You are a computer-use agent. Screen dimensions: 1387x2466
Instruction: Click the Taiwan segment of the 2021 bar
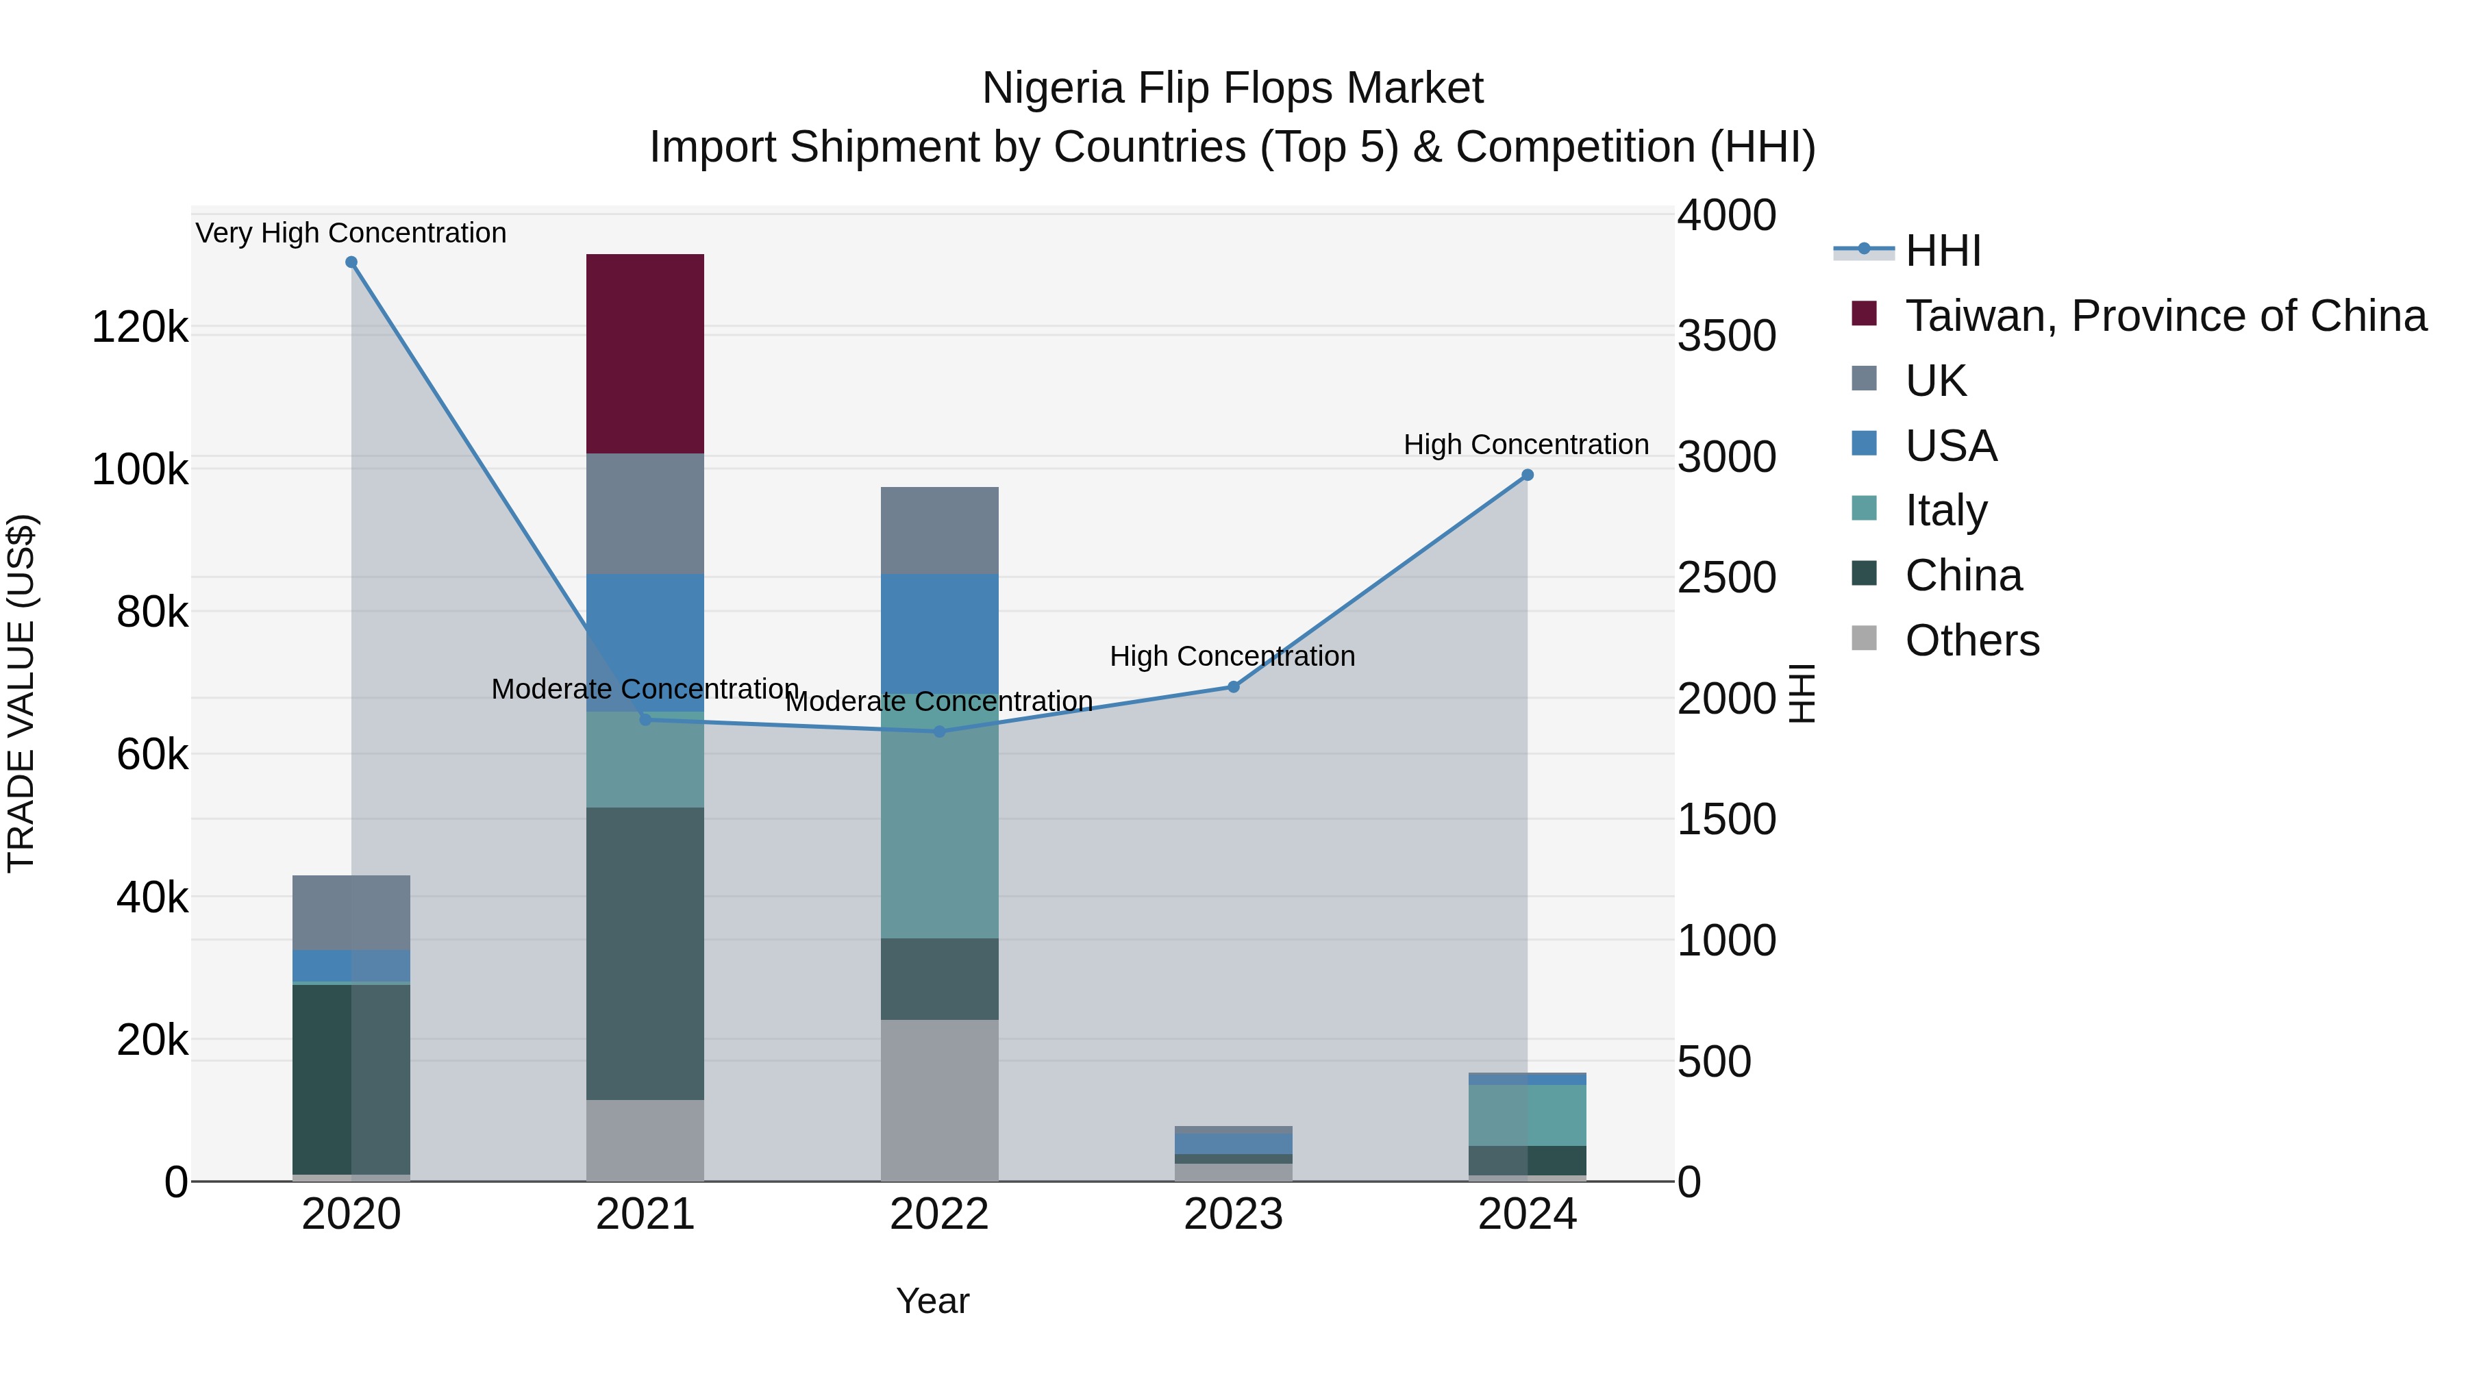tap(645, 353)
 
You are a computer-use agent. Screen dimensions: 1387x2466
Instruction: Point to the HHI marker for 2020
tap(351, 262)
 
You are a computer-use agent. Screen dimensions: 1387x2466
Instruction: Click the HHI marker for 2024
tap(1527, 475)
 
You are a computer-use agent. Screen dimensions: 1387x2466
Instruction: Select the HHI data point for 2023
tap(1233, 686)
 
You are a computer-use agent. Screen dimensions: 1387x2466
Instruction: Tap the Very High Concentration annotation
tap(350, 233)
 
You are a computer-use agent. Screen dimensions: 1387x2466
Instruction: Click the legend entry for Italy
tap(1946, 510)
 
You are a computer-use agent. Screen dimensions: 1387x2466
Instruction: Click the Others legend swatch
tap(1864, 638)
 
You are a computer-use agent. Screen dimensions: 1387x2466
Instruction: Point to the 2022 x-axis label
tap(938, 1214)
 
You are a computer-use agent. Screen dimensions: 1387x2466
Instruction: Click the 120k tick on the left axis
tap(140, 327)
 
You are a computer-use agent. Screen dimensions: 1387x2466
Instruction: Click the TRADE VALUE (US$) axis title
tap(21, 693)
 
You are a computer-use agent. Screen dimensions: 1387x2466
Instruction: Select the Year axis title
tap(932, 1301)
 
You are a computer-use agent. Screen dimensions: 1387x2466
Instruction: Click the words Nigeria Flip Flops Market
tap(1232, 88)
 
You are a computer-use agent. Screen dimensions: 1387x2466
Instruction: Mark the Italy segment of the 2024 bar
tap(1527, 1115)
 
